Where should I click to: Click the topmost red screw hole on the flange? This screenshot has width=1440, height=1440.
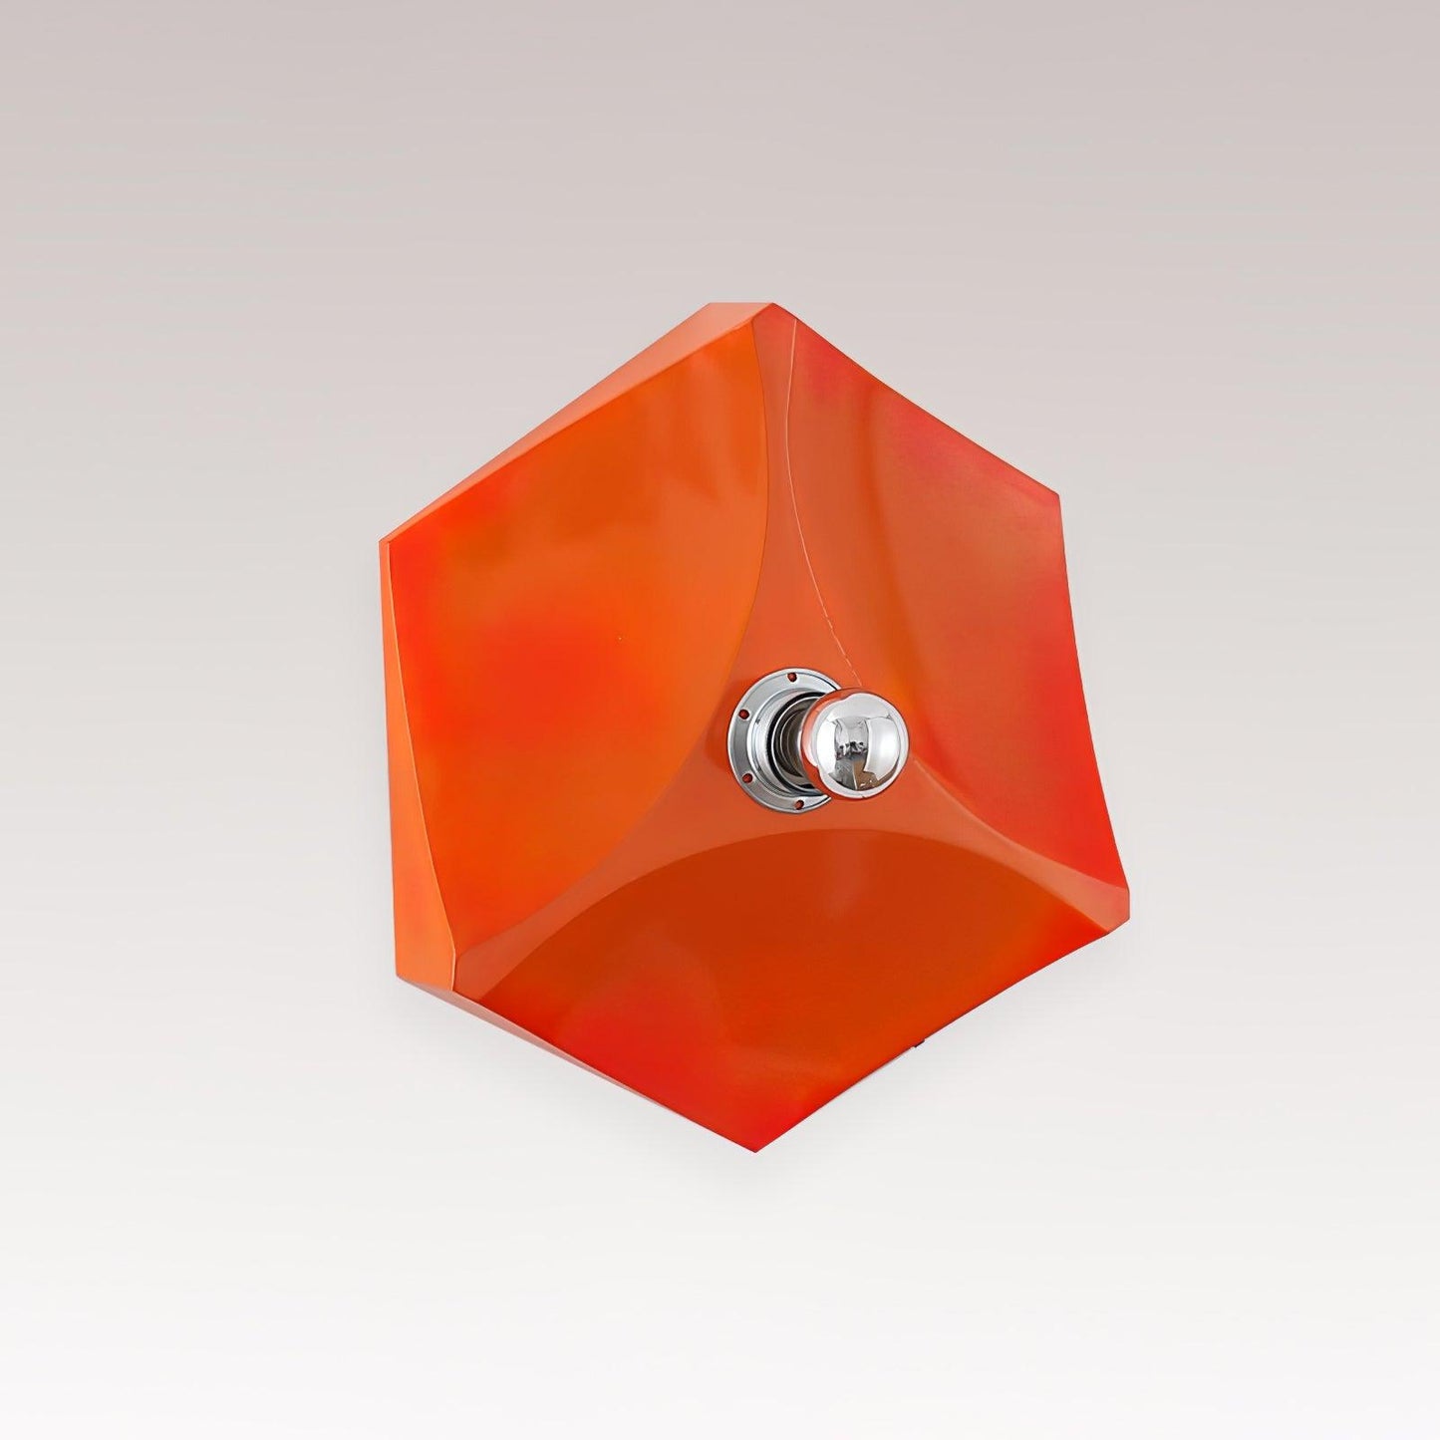[791, 676]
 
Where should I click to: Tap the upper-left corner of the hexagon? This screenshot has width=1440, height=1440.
[381, 543]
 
